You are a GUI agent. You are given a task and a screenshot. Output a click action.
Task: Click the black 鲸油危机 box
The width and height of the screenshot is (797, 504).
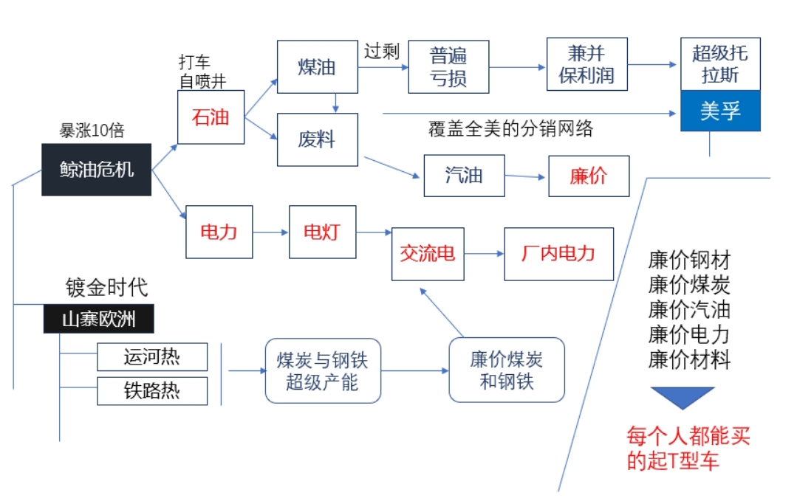coord(96,169)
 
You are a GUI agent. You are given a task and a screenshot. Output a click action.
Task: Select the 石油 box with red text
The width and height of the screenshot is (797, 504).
coord(211,117)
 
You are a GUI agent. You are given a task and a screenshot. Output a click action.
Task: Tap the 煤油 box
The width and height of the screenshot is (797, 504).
coord(317,67)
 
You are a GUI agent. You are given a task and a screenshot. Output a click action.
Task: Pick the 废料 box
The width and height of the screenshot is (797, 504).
coord(317,139)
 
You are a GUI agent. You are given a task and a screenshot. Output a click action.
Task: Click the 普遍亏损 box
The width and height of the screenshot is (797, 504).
coord(448,66)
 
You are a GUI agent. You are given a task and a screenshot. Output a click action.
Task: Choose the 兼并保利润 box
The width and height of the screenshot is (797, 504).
coord(586,65)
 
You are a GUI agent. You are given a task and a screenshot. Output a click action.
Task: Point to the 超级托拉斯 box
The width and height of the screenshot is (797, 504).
coord(720,64)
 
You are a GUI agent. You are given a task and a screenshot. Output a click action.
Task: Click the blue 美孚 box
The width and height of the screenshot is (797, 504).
coord(720,111)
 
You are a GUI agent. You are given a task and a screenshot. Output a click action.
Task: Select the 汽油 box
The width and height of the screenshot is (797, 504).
coord(464,176)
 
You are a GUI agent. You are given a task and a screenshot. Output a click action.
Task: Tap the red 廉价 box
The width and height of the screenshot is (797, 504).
coord(589,176)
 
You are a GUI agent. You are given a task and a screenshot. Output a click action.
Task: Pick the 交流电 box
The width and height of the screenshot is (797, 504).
coord(428,254)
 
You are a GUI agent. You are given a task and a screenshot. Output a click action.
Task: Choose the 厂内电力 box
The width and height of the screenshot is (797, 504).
coord(558,254)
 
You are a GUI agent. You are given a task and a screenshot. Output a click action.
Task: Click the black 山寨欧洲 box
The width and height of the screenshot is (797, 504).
coord(98,319)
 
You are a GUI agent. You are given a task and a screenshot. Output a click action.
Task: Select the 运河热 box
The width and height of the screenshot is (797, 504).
coord(152,357)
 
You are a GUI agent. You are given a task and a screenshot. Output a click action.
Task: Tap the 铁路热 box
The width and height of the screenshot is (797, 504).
coord(152,390)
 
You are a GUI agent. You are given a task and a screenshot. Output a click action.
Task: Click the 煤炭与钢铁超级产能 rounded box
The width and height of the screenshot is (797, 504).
coord(323,370)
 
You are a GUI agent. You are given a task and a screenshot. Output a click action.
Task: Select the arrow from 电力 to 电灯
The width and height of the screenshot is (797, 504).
coord(270,232)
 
